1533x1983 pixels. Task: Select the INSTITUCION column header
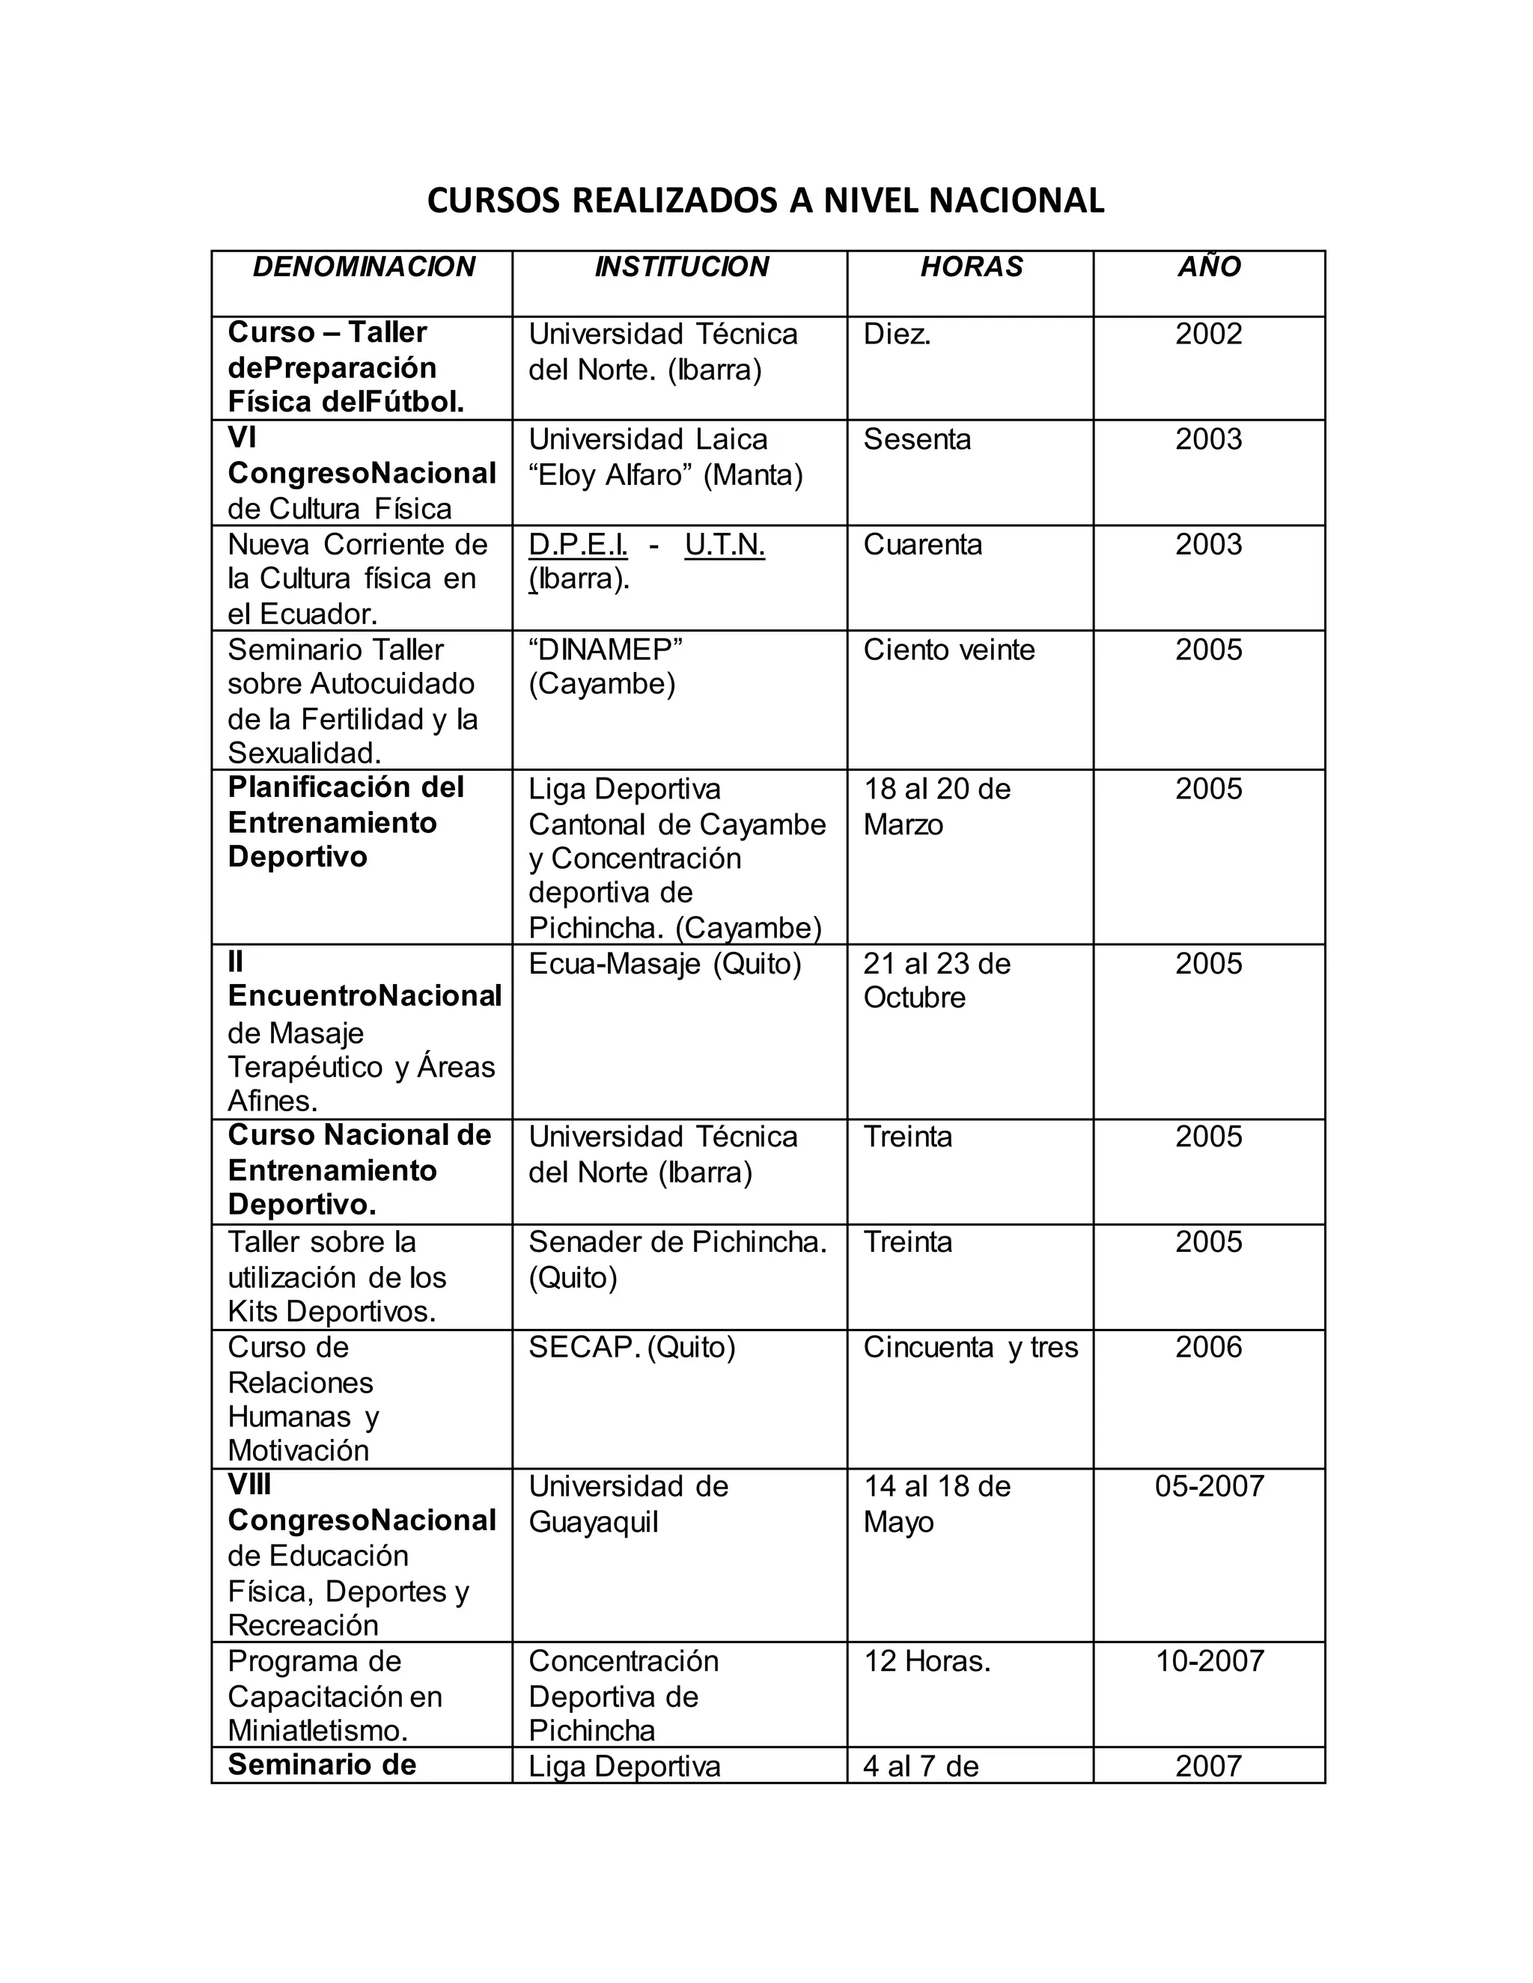pos(681,267)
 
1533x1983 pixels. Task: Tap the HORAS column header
pos(971,267)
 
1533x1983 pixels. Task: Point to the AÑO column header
pos(1209,267)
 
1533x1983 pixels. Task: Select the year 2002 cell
pos(1209,334)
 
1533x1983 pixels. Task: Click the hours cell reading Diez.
pos(897,334)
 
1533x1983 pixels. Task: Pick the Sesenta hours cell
pos(917,439)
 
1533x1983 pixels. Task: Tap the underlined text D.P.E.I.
pos(578,545)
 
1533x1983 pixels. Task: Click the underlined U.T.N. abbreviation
pos(725,545)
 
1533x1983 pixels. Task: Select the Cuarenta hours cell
pos(923,545)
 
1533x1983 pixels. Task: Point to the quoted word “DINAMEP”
pos(606,650)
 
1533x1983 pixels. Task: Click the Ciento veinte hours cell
pos(949,650)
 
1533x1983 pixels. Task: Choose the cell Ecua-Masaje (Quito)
pos(665,963)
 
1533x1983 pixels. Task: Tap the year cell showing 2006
pos(1209,1348)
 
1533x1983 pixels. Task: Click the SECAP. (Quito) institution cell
pos(632,1348)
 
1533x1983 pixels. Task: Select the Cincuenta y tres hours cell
pos(971,1348)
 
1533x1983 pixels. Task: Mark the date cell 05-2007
pos(1209,1486)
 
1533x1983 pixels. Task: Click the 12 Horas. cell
pos(927,1661)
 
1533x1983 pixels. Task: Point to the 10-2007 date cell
pos(1209,1661)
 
